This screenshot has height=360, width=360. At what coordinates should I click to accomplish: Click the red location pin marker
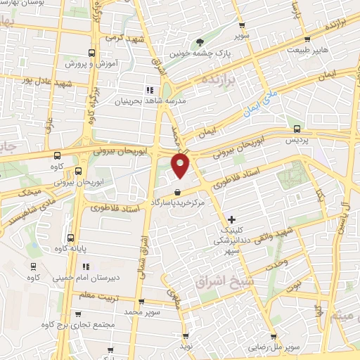(x=181, y=166)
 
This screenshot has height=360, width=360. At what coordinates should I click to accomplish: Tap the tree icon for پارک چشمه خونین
(x=200, y=41)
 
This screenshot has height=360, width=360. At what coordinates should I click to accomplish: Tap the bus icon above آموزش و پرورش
(x=91, y=53)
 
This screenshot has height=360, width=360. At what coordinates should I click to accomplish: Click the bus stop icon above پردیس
(x=297, y=129)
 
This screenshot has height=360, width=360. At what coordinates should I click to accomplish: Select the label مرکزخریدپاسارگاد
(x=181, y=202)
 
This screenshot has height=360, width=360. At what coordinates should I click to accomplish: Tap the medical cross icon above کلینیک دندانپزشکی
(x=233, y=220)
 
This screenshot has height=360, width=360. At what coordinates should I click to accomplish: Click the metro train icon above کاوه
(x=32, y=267)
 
